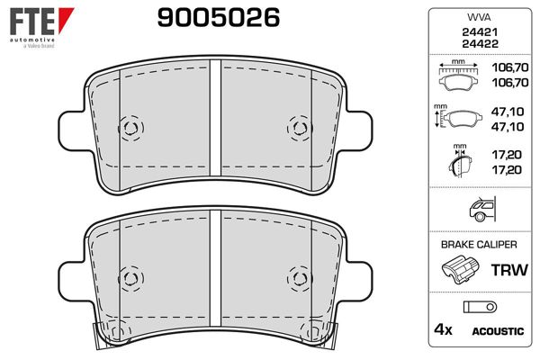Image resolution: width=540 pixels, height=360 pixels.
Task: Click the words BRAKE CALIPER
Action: pyautogui.click(x=478, y=244)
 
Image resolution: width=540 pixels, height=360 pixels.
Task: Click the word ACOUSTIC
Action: pyautogui.click(x=498, y=331)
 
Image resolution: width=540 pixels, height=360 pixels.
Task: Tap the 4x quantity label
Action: pyautogui.click(x=443, y=330)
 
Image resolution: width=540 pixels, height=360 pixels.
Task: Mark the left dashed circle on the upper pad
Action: pyautogui.click(x=129, y=127)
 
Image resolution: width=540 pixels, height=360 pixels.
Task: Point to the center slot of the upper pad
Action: pyautogui.click(x=215, y=126)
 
